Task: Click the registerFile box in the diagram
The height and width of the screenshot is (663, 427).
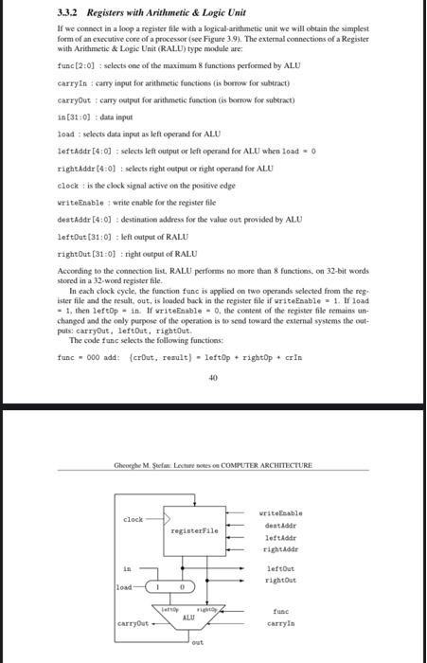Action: click(194, 530)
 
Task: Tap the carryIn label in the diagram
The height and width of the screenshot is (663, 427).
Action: click(280, 623)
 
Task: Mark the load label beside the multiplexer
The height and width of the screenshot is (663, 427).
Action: click(123, 587)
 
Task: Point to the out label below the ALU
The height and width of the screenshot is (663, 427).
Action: click(197, 646)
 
